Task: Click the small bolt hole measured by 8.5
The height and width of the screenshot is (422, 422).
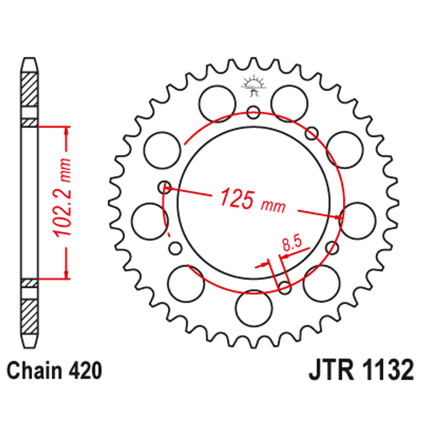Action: (x=285, y=288)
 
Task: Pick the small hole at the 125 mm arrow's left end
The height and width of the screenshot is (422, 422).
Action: (x=164, y=186)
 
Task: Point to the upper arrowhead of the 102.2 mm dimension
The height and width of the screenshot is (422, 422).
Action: (x=67, y=131)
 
